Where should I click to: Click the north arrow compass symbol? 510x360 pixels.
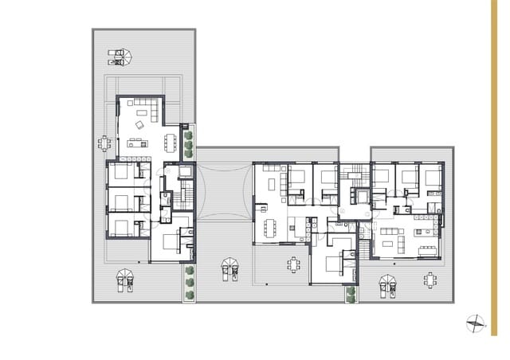[x=475, y=323]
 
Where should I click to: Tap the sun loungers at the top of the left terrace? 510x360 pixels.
[x=120, y=56]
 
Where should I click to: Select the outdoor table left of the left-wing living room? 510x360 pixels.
[x=105, y=143]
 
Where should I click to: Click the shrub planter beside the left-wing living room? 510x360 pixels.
[x=189, y=143]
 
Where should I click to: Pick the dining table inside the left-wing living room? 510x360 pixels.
[x=170, y=142]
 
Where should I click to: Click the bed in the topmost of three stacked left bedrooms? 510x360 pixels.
[x=120, y=171]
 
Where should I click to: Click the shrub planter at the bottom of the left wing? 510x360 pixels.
[x=190, y=283]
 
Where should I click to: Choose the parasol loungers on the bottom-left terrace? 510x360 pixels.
[x=125, y=279]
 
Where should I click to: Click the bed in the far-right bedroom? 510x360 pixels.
[x=433, y=176]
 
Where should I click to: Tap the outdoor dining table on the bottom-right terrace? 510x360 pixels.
[x=431, y=280]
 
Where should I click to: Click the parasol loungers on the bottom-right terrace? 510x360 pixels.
[x=388, y=283]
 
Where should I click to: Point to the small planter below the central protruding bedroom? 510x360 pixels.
[x=351, y=293]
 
